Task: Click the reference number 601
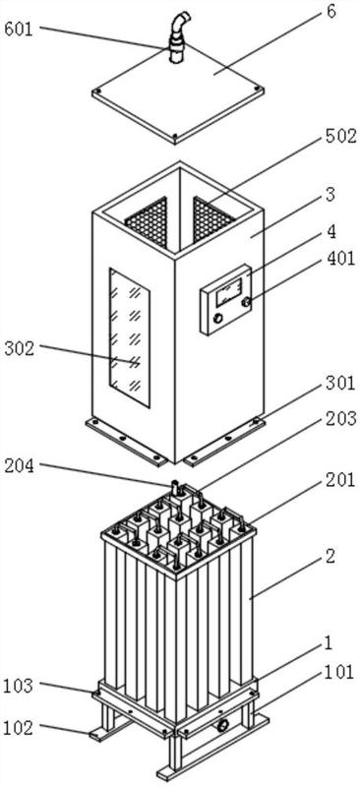point(18,30)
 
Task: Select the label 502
point(341,137)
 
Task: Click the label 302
point(20,348)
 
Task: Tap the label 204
point(20,466)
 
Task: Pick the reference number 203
point(341,418)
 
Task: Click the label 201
point(341,480)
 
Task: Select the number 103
point(20,685)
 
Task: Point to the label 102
point(20,727)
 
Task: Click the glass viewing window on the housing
point(130,336)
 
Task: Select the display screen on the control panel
point(228,293)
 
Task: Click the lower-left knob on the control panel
point(218,318)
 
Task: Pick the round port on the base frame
point(222,724)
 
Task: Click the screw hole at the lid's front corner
point(175,136)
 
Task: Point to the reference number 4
point(331,231)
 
